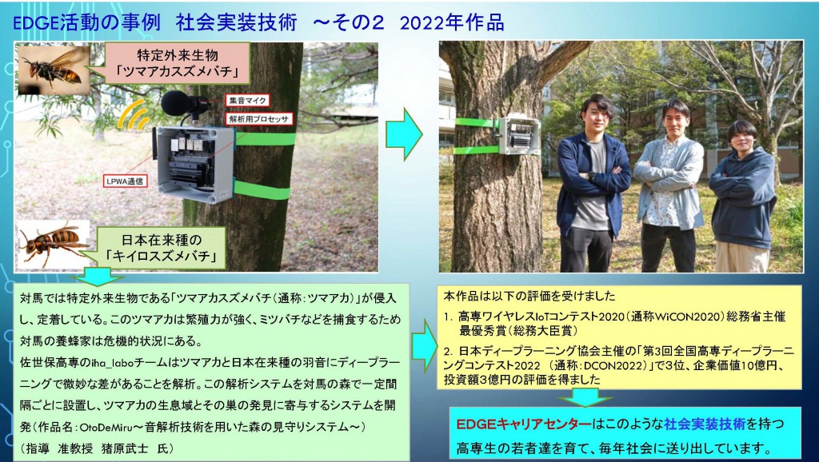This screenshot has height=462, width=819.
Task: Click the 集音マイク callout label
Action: [248, 100]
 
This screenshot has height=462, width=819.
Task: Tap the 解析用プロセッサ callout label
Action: [259, 119]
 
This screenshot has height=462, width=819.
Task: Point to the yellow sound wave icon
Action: [133, 117]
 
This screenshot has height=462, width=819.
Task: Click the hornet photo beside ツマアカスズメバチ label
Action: [54, 70]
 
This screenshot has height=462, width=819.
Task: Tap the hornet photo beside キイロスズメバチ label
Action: [54, 245]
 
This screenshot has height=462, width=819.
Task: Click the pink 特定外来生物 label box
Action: [178, 63]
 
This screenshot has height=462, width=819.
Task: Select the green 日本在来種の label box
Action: [161, 248]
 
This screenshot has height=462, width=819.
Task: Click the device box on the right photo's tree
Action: [518, 135]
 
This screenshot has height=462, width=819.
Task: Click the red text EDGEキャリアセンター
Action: [524, 424]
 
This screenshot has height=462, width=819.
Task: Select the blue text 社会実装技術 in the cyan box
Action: [705, 424]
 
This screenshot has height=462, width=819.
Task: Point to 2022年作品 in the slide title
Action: [452, 23]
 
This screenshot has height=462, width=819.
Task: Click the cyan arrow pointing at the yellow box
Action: [424, 346]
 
